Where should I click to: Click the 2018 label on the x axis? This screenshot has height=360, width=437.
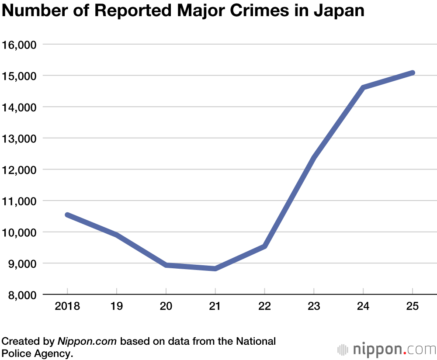67,306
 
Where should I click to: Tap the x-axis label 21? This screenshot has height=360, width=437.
215,306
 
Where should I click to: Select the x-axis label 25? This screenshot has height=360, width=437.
413,306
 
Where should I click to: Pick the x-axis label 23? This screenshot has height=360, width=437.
314,306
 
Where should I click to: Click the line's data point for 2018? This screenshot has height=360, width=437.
67,215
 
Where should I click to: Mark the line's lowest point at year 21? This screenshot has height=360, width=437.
215,269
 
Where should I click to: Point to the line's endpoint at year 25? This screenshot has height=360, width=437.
413,73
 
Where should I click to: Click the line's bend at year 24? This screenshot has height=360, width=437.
363,88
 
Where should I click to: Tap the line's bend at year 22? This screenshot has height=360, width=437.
264,246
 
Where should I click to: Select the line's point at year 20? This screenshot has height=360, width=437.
166,265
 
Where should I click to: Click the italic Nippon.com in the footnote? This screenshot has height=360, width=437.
87,341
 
